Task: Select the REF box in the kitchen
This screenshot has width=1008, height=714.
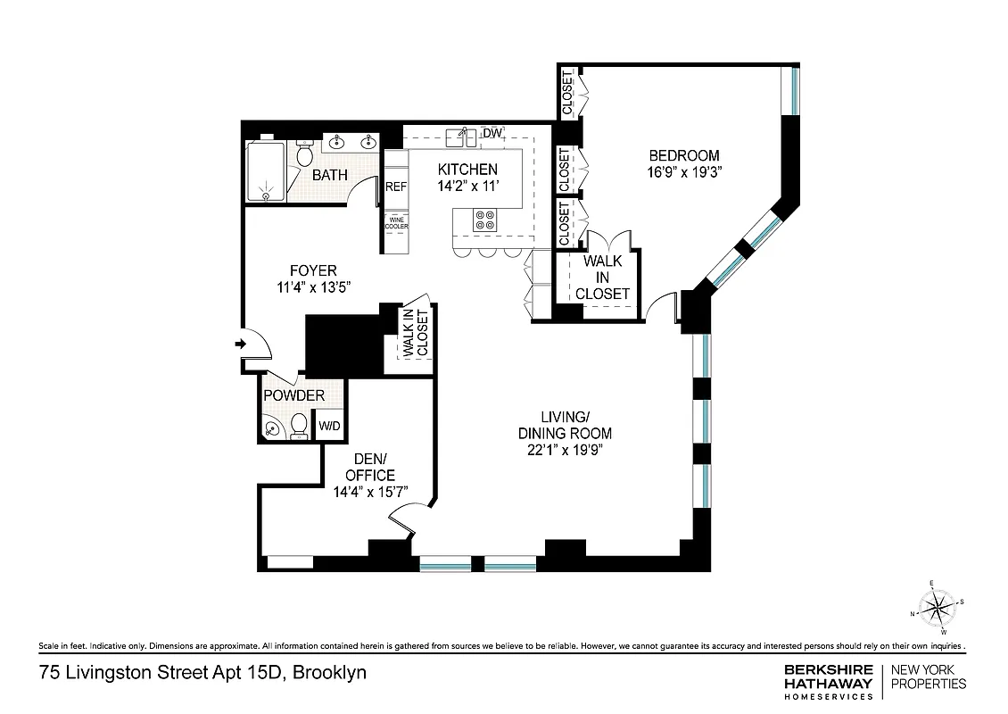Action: (x=396, y=187)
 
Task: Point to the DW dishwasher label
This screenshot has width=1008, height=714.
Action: (x=492, y=134)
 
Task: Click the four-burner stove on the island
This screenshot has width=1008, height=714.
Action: (x=486, y=220)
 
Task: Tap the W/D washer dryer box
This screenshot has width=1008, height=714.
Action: (x=329, y=427)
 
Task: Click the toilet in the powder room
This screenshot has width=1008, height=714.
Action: (x=300, y=423)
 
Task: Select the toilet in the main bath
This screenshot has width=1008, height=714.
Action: (x=304, y=155)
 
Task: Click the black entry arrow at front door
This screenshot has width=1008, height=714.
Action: (x=241, y=344)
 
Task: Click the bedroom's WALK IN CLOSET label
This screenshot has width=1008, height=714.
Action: (x=602, y=278)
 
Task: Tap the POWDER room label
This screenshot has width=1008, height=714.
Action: (x=293, y=395)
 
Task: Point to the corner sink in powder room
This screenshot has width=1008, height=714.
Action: (x=271, y=430)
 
